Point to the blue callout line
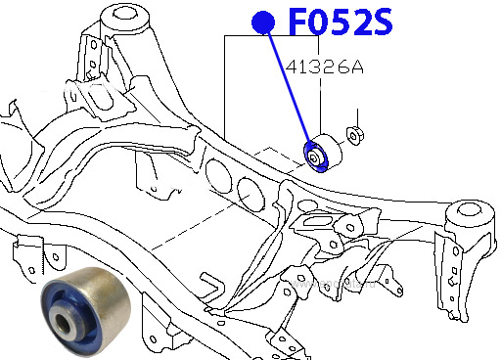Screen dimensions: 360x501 [289, 84]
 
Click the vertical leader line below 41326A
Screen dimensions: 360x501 [323, 103]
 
